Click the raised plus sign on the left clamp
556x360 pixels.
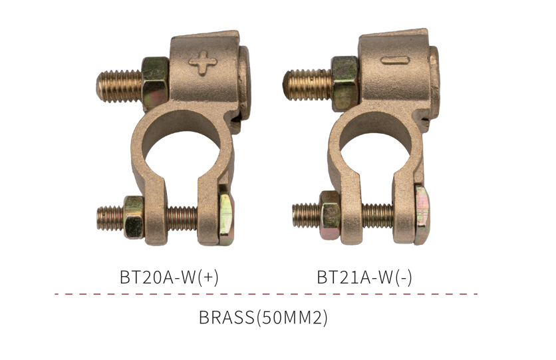coord(203,63)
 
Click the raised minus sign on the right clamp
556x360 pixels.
coord(395,61)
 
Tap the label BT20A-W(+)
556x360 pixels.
coord(169,277)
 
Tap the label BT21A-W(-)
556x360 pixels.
coord(364,277)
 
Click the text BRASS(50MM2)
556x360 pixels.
coord(263,317)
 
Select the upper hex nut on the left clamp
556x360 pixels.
coord(156,83)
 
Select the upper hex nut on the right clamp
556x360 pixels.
coord(345,83)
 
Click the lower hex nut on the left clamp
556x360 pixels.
coord(134,217)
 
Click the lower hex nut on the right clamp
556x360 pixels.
coord(330,215)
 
